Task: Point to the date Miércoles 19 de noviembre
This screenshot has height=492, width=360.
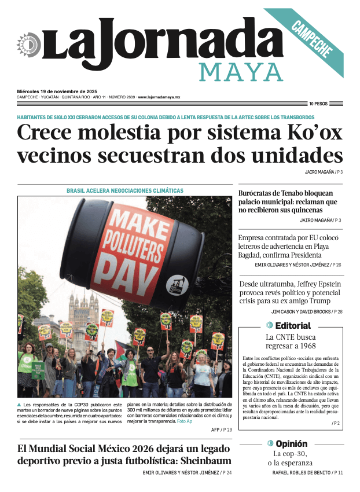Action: click(x=57, y=91)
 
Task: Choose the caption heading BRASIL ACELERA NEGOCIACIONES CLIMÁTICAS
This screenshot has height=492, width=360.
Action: click(x=125, y=190)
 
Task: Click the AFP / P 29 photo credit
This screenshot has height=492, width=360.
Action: click(x=218, y=430)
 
